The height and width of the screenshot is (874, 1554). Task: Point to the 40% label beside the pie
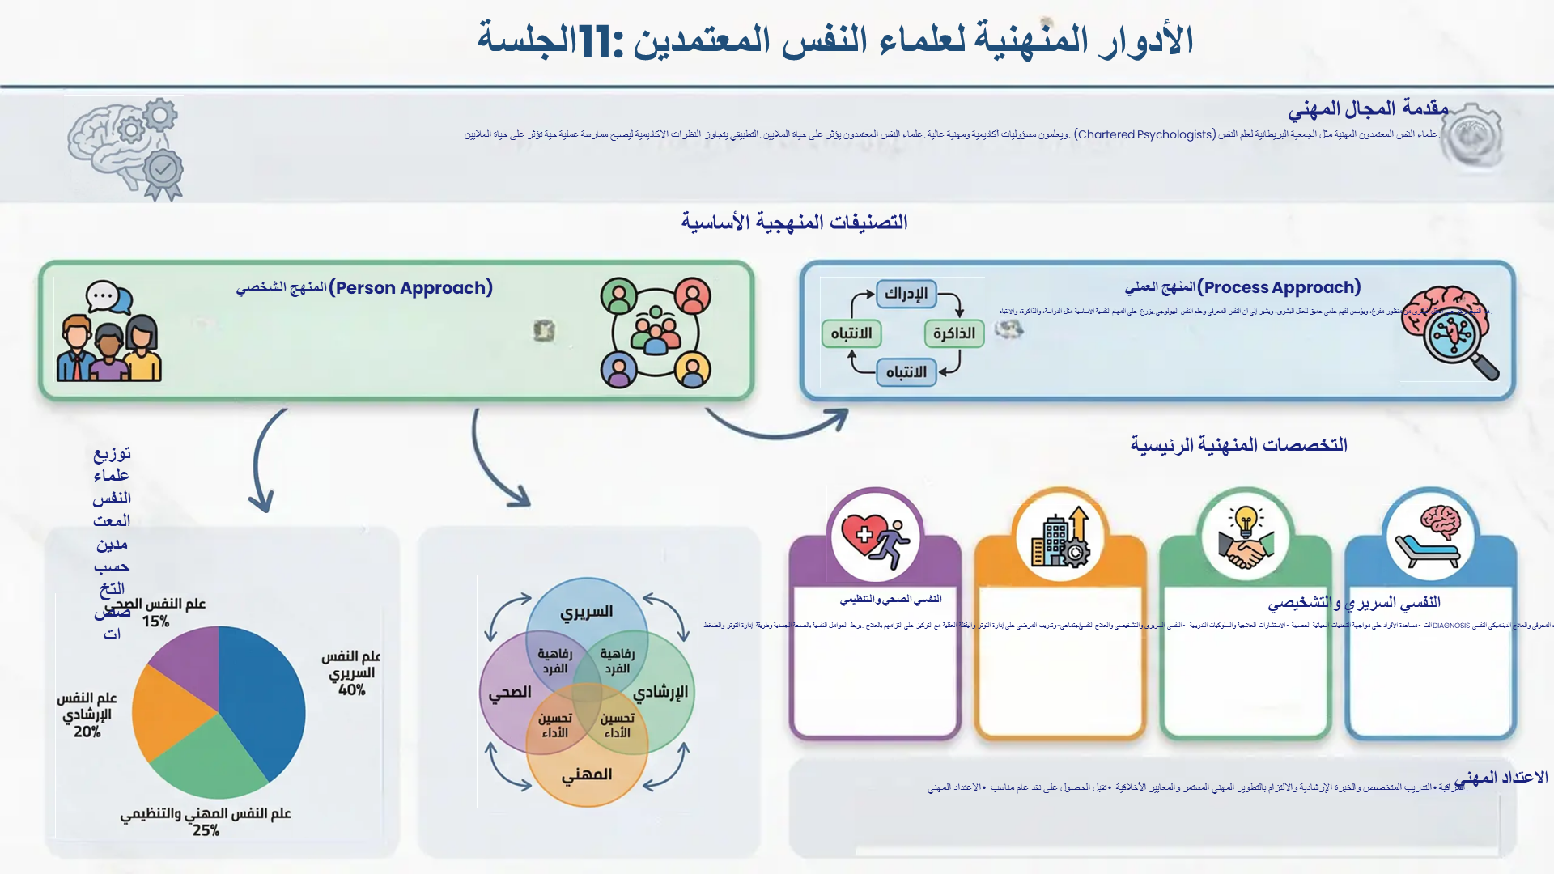tap(352, 690)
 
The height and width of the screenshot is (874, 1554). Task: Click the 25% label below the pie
tap(206, 830)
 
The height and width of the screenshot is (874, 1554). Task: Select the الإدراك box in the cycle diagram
tap(906, 293)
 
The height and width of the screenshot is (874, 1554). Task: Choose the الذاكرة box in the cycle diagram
tap(953, 333)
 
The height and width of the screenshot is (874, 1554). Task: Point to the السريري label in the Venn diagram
tap(587, 612)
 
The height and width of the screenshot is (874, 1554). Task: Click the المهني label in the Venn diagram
tap(587, 774)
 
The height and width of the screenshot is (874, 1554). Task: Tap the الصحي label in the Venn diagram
tap(510, 693)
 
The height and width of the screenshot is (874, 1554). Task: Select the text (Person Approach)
tap(410, 287)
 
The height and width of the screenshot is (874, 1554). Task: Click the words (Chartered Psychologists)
tap(1144, 134)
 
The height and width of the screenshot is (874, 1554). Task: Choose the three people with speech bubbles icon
tap(109, 332)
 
